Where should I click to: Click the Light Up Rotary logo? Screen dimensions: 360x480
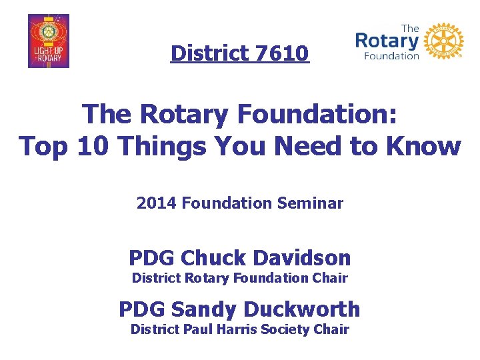[x=49, y=41]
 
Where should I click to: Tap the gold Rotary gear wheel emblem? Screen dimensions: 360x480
[x=443, y=41]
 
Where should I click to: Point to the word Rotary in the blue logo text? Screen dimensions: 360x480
[x=387, y=41]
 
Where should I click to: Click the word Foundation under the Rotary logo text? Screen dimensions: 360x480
[x=391, y=56]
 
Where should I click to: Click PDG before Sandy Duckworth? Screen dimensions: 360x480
[x=142, y=309]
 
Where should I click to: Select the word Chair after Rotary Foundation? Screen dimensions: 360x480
[x=331, y=277]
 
